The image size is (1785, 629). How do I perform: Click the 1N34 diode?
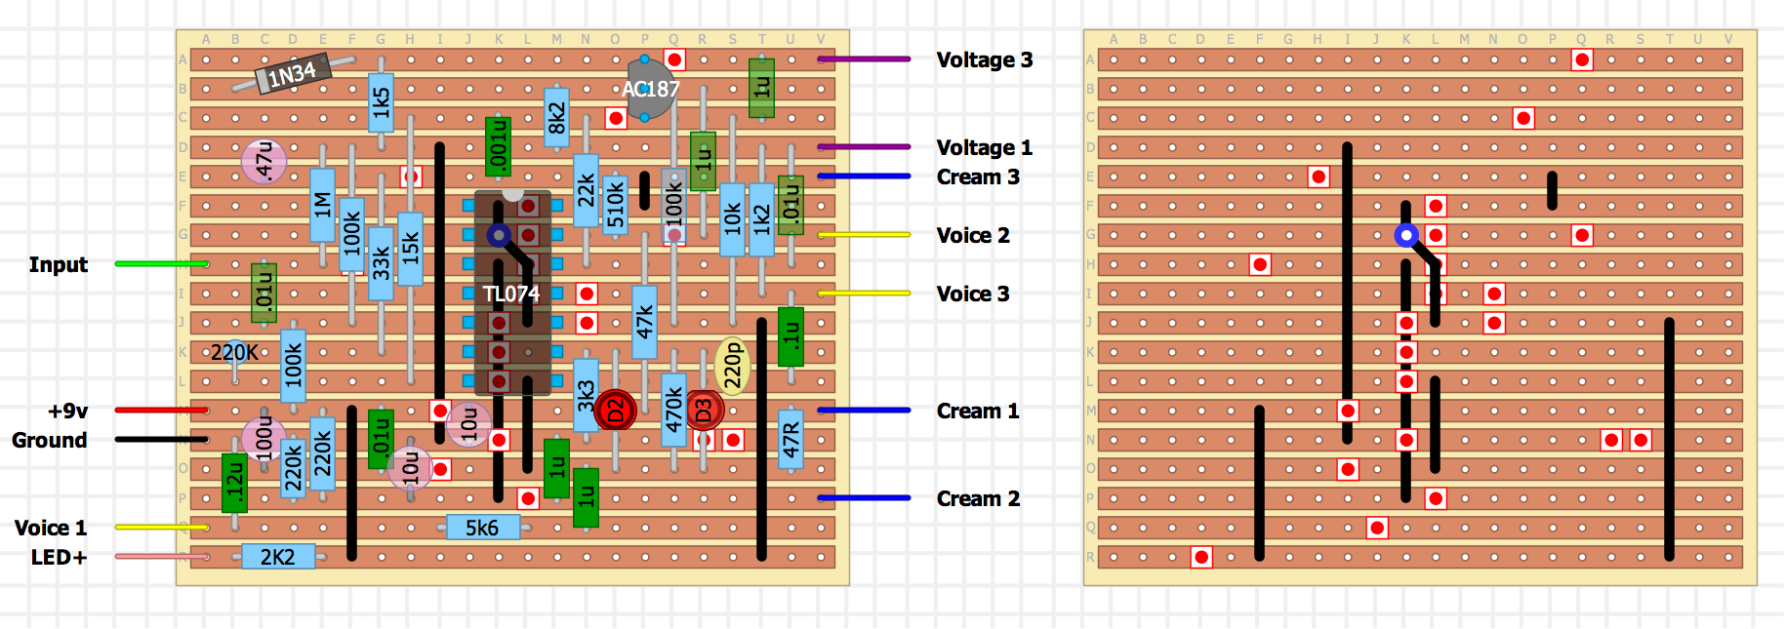tap(292, 74)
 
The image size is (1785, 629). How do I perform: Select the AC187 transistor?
tap(649, 89)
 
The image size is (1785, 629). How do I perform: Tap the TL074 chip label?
tap(510, 294)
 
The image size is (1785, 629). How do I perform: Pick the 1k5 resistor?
tap(382, 102)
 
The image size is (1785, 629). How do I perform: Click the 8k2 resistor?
tap(556, 118)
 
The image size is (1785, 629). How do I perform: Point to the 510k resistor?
tap(615, 205)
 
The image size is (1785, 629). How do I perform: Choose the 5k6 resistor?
tap(482, 528)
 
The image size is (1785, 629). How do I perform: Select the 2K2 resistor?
tap(277, 557)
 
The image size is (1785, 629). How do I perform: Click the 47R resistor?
tap(791, 440)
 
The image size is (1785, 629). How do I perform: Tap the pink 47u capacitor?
tap(264, 161)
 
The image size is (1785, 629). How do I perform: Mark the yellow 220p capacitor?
tap(733, 367)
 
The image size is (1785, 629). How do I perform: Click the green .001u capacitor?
tap(498, 147)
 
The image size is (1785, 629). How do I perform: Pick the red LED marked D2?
tap(616, 411)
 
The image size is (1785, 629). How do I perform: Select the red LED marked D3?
tap(704, 411)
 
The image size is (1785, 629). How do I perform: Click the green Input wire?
tap(161, 264)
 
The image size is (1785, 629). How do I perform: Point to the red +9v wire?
tap(161, 411)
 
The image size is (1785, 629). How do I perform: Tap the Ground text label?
tap(49, 440)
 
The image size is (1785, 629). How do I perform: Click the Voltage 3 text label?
tap(984, 59)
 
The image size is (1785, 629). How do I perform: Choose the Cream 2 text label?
tap(978, 498)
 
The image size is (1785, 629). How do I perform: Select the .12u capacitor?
tap(234, 483)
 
